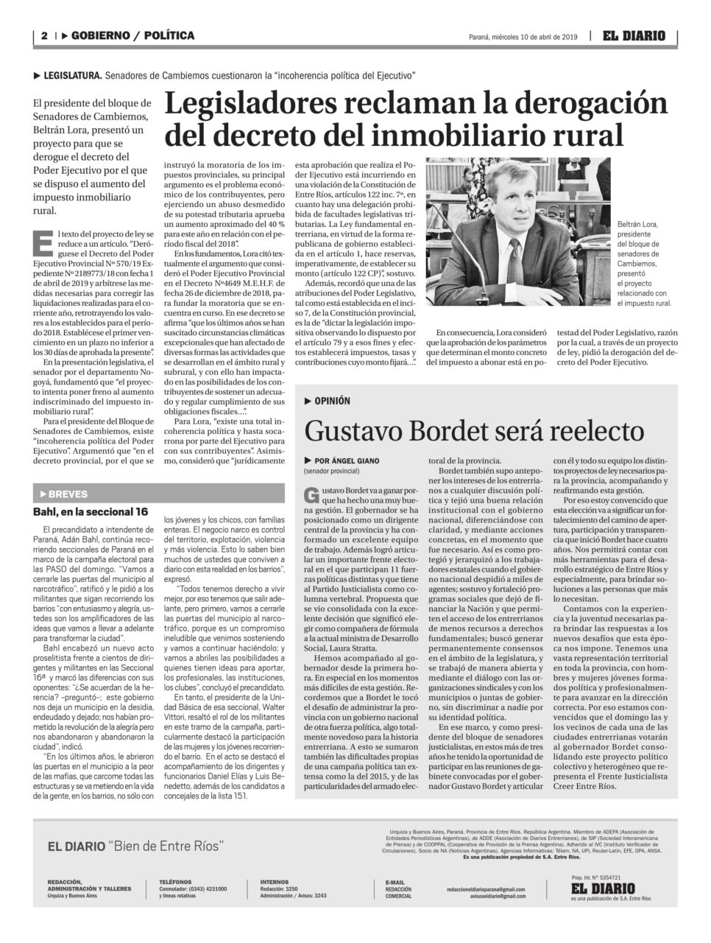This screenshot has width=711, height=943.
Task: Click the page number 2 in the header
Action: [44, 35]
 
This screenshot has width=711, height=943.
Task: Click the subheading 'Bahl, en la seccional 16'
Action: [90, 512]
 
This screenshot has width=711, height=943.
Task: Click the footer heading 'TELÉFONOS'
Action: [175, 882]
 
